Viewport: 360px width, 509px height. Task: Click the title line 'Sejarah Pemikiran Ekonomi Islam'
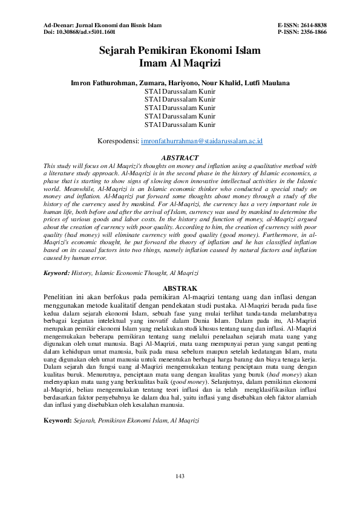coord(180,51)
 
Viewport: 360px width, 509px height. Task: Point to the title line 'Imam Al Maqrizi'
coord(180,63)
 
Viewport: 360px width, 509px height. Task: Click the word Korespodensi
coord(117,141)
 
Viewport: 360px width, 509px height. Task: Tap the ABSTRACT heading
coord(180,157)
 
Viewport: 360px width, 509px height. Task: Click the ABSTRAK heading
coord(180,289)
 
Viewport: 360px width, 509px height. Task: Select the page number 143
coord(180,477)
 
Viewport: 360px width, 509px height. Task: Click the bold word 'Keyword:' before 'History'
coord(56,273)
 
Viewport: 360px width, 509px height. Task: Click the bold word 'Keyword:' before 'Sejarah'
coord(57,419)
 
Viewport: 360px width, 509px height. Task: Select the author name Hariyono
coord(193,82)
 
